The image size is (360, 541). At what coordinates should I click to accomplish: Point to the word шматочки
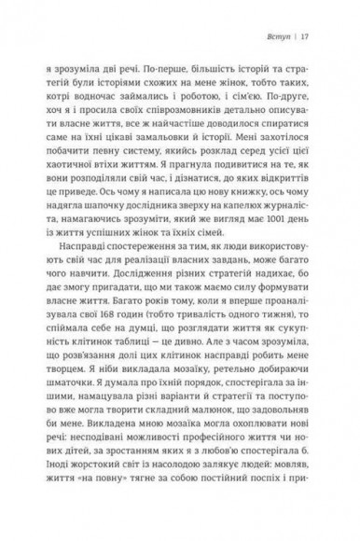point(72,392)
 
